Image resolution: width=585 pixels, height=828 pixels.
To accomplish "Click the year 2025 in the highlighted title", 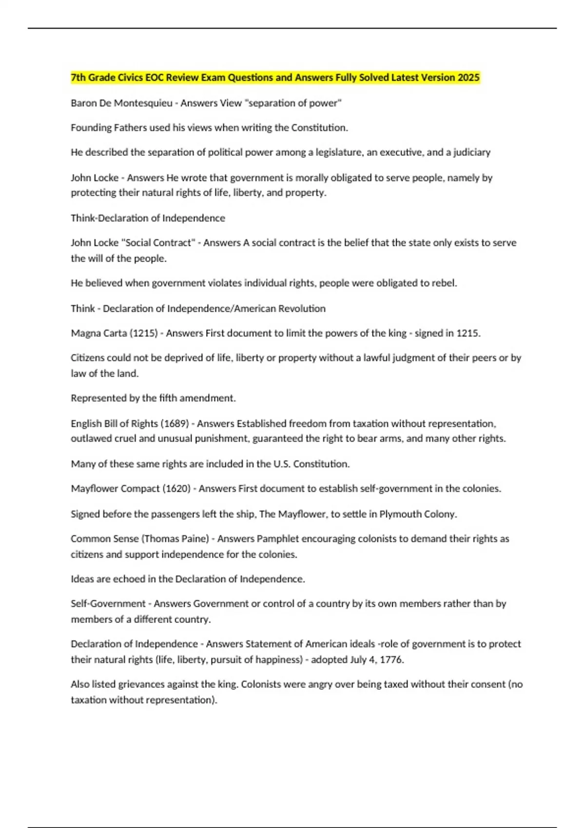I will pos(468,77).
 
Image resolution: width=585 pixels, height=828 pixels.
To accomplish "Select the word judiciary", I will pos(472,152).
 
